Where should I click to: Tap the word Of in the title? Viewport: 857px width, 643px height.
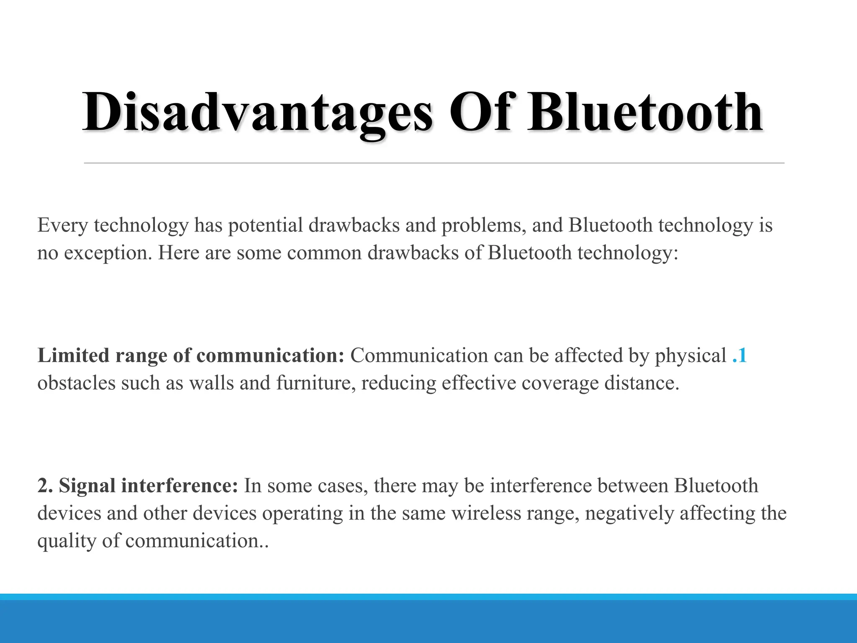click(480, 112)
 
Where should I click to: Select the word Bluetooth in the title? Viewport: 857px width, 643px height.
click(645, 112)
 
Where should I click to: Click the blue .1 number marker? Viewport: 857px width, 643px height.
click(740, 355)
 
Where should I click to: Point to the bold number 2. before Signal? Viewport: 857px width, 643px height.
click(45, 486)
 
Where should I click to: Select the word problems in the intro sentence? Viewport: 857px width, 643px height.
click(484, 226)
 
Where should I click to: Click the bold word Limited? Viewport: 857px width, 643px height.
click(73, 355)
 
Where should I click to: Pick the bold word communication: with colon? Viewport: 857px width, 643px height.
click(270, 355)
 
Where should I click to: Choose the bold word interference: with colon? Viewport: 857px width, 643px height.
click(180, 486)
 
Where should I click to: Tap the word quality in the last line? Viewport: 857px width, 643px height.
click(67, 541)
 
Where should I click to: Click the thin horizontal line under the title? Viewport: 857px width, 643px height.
click(434, 163)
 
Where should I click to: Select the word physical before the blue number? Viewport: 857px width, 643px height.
click(690, 355)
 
